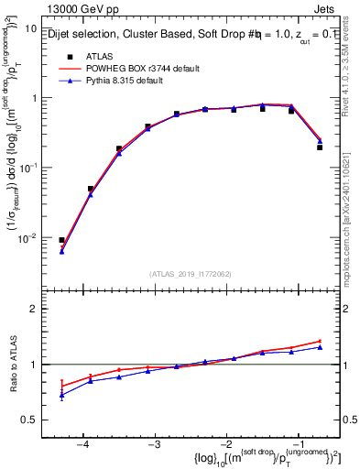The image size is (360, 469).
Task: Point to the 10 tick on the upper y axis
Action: (x=30, y=28)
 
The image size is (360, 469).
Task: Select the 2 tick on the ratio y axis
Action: (x=32, y=309)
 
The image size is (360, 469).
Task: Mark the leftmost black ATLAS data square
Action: (x=61, y=240)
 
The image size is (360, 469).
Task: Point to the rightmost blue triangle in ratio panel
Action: (x=319, y=347)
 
